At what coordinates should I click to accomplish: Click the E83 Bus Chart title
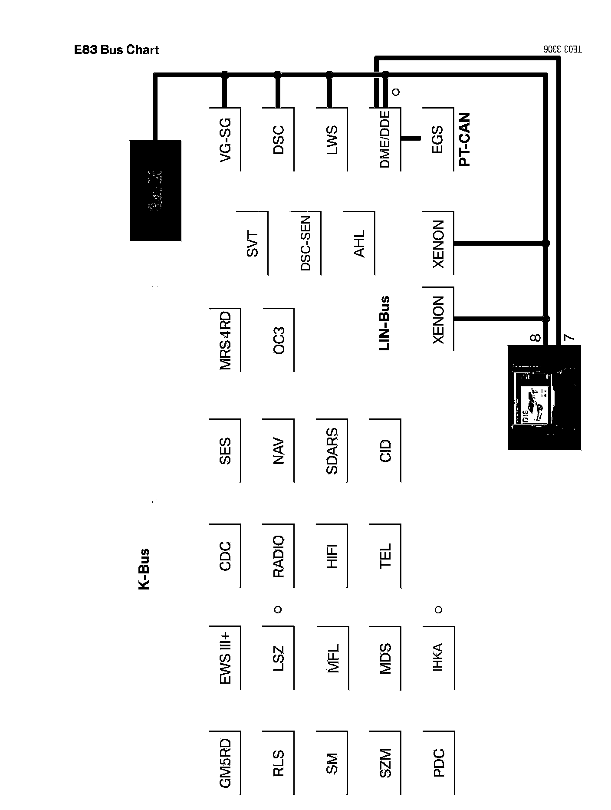pos(116,50)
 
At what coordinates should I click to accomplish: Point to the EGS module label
pos(437,140)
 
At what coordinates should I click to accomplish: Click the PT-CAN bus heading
pos(464,140)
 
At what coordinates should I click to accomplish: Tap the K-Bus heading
pos(144,569)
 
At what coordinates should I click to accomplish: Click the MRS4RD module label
pos(225,340)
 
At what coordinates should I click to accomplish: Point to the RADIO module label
pos(279,556)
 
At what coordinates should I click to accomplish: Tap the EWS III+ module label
pos(225,658)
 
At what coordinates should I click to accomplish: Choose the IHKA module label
pos(438,658)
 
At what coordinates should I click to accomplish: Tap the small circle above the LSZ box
pos(278,610)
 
